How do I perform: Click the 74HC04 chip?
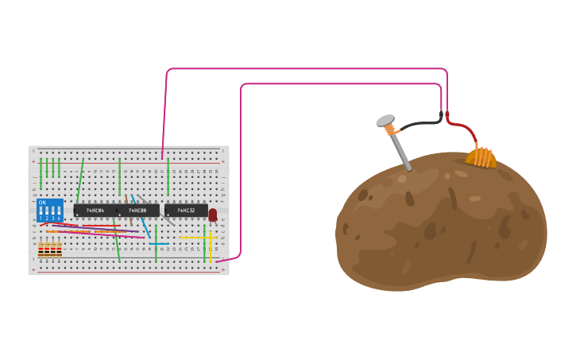[x=95, y=211]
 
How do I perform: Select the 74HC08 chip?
[x=138, y=211]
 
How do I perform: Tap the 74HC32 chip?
[x=186, y=211]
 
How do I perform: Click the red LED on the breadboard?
[x=212, y=215]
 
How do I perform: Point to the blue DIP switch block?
[x=49, y=211]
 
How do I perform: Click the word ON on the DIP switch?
[x=42, y=203]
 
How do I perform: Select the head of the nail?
[x=385, y=121]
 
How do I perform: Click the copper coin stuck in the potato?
[x=481, y=157]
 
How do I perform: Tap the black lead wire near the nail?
[x=421, y=123]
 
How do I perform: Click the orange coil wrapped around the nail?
[x=390, y=130]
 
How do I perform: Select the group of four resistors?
[x=49, y=250]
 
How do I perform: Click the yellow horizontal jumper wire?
[x=195, y=237]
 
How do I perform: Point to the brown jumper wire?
[x=127, y=208]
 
